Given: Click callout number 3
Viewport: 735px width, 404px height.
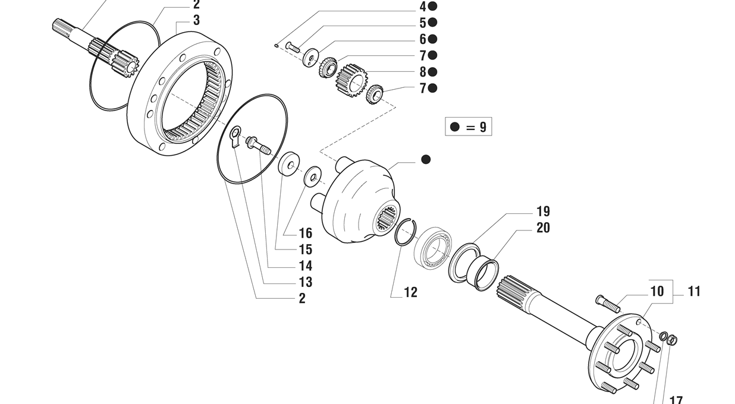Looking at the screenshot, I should point(196,20).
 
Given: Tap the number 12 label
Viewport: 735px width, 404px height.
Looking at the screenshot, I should point(410,292).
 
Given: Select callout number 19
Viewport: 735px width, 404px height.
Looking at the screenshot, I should point(543,212).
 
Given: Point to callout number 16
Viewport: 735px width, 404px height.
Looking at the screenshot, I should point(305,233).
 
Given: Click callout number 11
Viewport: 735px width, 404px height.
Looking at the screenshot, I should point(694,291).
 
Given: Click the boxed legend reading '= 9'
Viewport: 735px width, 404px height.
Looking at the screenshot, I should point(469,127).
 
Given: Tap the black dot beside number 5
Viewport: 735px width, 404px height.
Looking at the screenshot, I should point(433,23).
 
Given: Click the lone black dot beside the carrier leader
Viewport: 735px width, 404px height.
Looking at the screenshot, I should point(426,160).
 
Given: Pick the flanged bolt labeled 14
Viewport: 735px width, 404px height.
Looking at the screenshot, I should point(257,144).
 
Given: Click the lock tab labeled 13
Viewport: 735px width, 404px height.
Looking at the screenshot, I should point(235,136).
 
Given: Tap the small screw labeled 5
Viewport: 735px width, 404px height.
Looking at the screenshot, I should point(293,46).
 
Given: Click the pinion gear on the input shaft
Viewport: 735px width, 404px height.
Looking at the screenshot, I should point(127,63).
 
